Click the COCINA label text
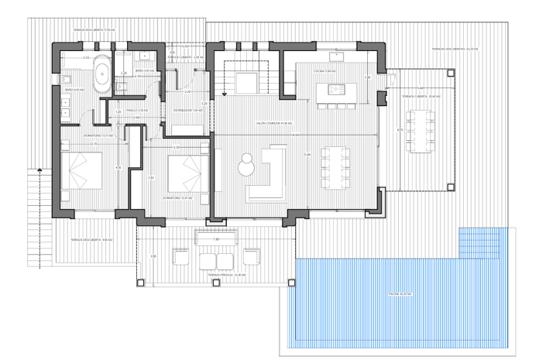pos(330,71)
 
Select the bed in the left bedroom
pos(81,170)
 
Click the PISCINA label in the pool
pos(400,294)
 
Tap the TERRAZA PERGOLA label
pos(211,275)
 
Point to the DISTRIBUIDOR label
pos(187,110)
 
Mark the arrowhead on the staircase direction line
pos(223,94)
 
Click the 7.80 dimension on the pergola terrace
pos(216,240)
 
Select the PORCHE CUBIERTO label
pos(186,57)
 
